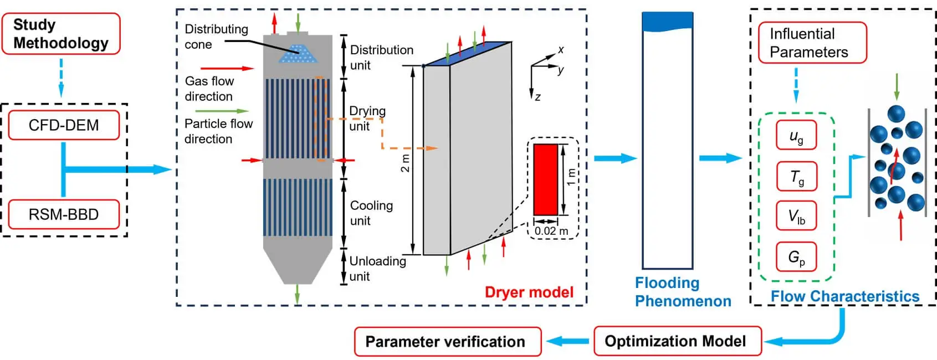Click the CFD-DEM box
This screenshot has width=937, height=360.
(x=63, y=125)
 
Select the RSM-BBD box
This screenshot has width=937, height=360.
(x=63, y=214)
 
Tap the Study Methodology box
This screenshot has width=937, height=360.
(x=60, y=34)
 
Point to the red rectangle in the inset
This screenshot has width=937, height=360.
(x=545, y=179)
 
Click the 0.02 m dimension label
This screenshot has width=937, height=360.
(x=551, y=230)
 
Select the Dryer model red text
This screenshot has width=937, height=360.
(x=529, y=292)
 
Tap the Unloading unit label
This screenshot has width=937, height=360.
(x=377, y=269)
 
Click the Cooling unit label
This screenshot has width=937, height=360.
(x=371, y=213)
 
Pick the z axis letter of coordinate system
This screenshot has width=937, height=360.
(x=537, y=97)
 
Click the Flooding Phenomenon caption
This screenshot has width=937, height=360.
(x=682, y=292)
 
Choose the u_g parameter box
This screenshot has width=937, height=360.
(x=796, y=136)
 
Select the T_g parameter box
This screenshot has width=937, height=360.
(x=796, y=177)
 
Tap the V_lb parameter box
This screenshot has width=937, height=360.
(x=796, y=217)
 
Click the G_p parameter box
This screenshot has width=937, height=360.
(x=796, y=257)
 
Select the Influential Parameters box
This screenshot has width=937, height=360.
(x=811, y=43)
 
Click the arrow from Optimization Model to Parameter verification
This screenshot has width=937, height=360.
(x=567, y=341)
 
